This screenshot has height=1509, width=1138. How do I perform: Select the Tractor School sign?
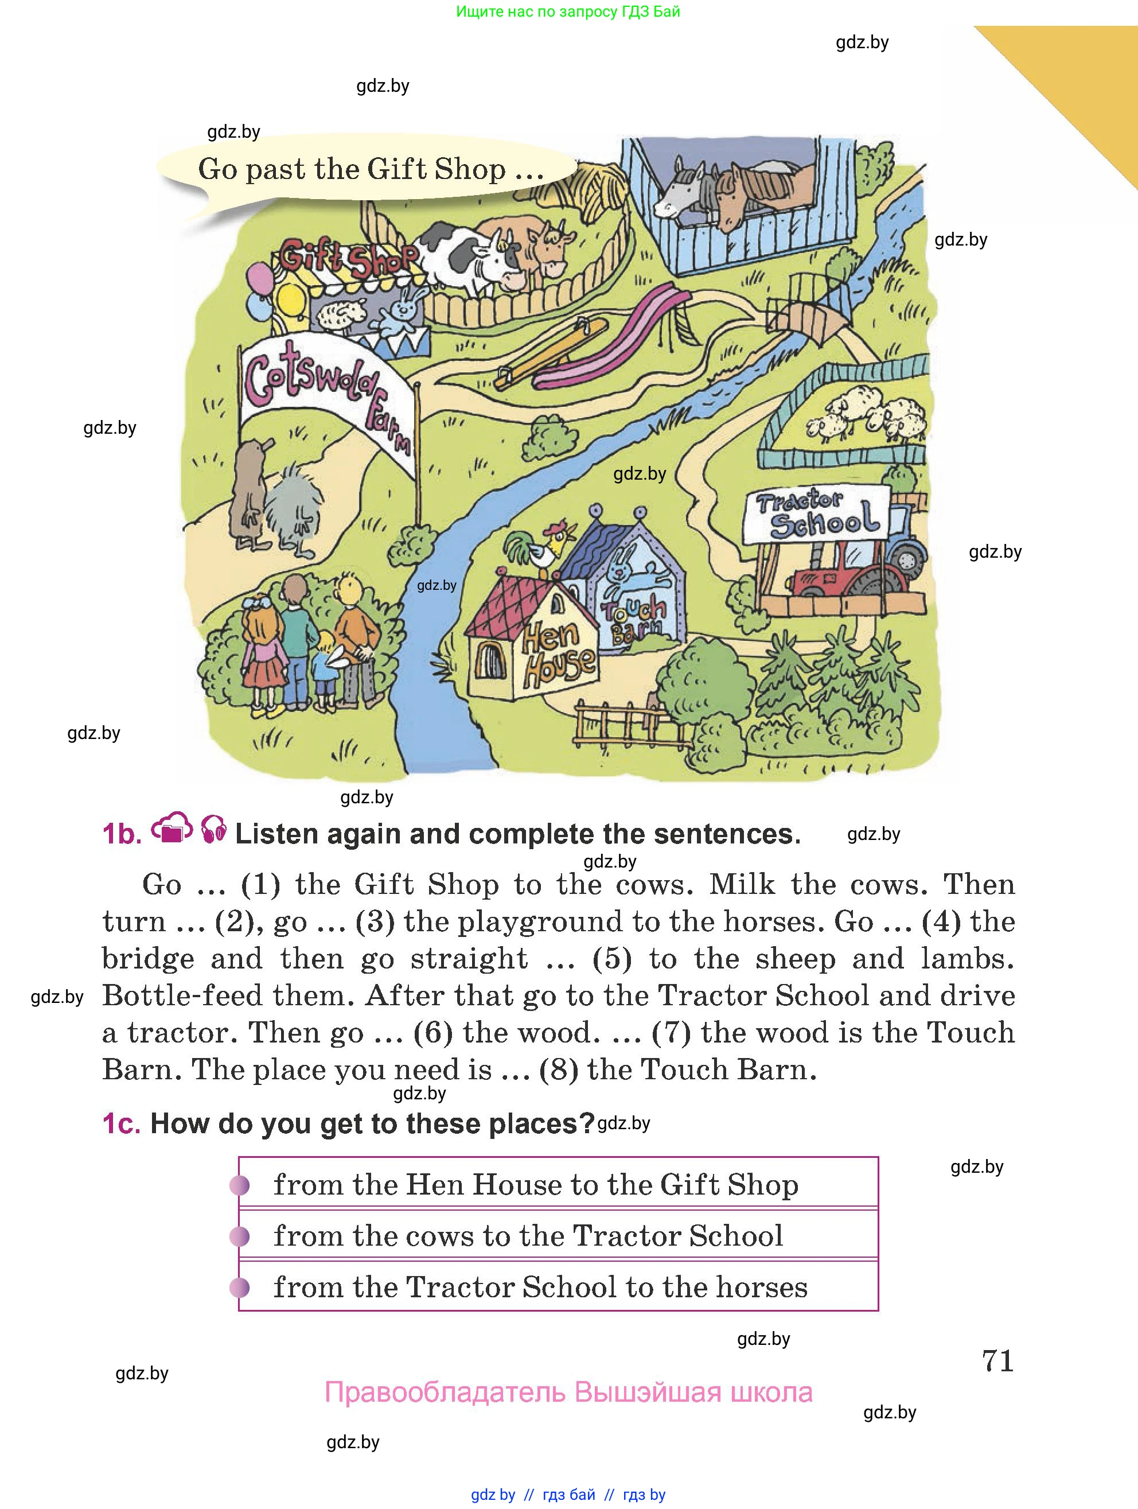pos(817,513)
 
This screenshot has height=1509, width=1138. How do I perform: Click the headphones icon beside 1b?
pos(214,830)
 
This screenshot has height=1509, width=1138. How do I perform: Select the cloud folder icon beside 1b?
pos(172,829)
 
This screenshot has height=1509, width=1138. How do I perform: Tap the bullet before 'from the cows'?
pos(239,1236)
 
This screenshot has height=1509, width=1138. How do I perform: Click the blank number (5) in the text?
pos(611,959)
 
